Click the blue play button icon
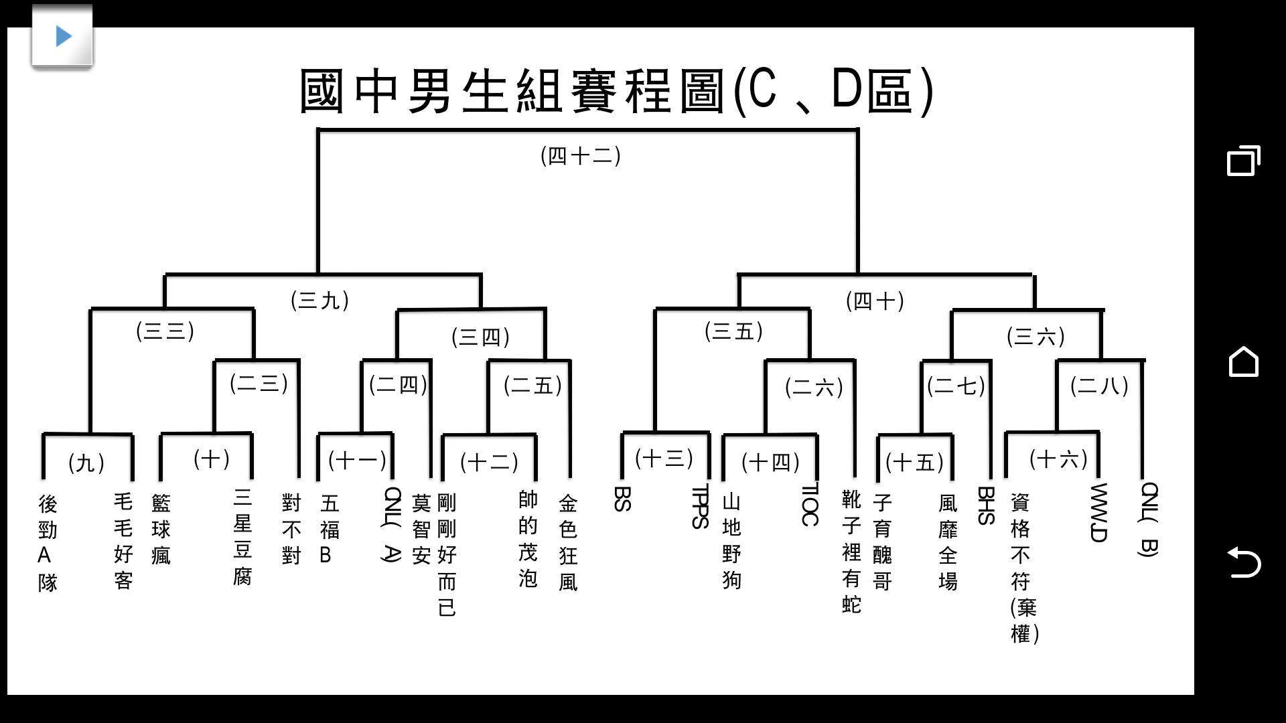point(63,36)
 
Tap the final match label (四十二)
point(581,156)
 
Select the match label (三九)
point(320,300)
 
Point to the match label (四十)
point(875,301)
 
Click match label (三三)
point(165,331)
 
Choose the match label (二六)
point(814,387)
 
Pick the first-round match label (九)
point(86,463)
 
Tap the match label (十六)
point(1058,459)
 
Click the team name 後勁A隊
point(48,543)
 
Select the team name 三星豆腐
point(242,537)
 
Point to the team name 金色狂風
point(568,542)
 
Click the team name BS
point(622,499)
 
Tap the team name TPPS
point(700,507)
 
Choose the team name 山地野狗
point(732,541)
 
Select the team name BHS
point(985,505)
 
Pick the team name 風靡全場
point(948,542)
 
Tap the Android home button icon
point(1244,361)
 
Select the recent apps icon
point(1244,161)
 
